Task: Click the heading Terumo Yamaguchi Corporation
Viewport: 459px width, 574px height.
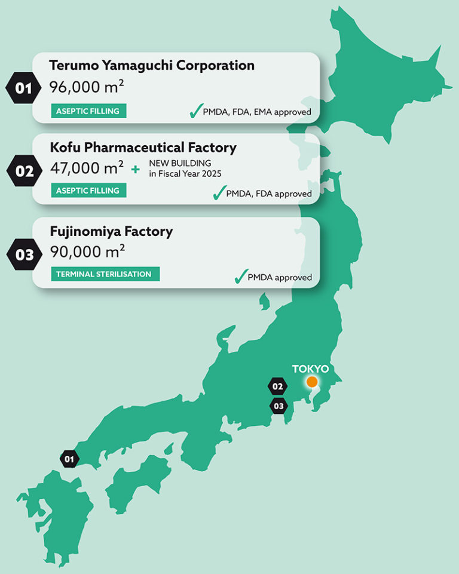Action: point(152,65)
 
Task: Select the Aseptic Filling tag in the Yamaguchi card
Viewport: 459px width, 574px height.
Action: point(88,111)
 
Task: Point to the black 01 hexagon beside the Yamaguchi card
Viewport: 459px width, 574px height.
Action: point(23,88)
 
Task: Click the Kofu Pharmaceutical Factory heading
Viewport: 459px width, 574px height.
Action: point(143,147)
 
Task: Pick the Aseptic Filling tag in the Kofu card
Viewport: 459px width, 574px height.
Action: point(88,191)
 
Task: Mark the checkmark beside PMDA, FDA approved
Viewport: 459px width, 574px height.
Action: point(219,192)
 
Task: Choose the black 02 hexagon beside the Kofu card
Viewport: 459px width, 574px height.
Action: point(24,170)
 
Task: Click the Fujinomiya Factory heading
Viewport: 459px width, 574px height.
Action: point(111,231)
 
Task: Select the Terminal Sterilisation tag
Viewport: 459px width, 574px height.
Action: point(105,274)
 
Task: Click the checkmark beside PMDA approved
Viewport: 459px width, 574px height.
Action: point(240,276)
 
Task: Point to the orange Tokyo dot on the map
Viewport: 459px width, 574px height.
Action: point(311,382)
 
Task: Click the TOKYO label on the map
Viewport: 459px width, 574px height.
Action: point(310,369)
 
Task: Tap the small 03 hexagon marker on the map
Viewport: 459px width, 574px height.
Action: point(278,406)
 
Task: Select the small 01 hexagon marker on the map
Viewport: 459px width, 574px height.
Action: point(69,459)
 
